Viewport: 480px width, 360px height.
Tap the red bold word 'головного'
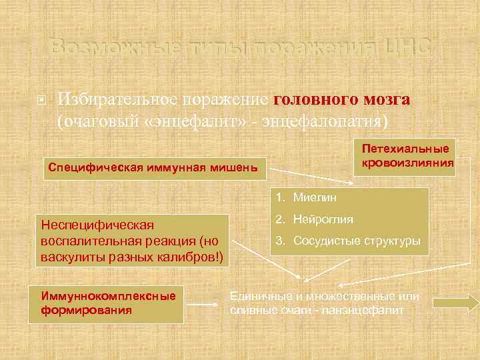(313, 99)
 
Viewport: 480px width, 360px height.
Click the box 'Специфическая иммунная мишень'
(153, 167)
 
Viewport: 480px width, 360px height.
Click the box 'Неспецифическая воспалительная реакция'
(133, 240)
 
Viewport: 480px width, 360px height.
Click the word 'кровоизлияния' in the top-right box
(407, 163)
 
